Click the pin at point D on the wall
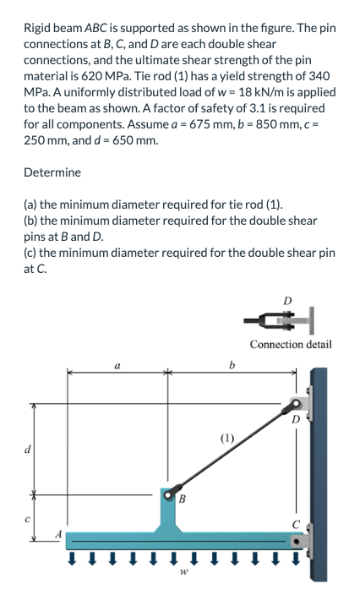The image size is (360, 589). (x=297, y=405)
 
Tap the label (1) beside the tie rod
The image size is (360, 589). (x=227, y=439)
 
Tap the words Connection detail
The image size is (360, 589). (x=292, y=344)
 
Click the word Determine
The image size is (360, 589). (x=52, y=172)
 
